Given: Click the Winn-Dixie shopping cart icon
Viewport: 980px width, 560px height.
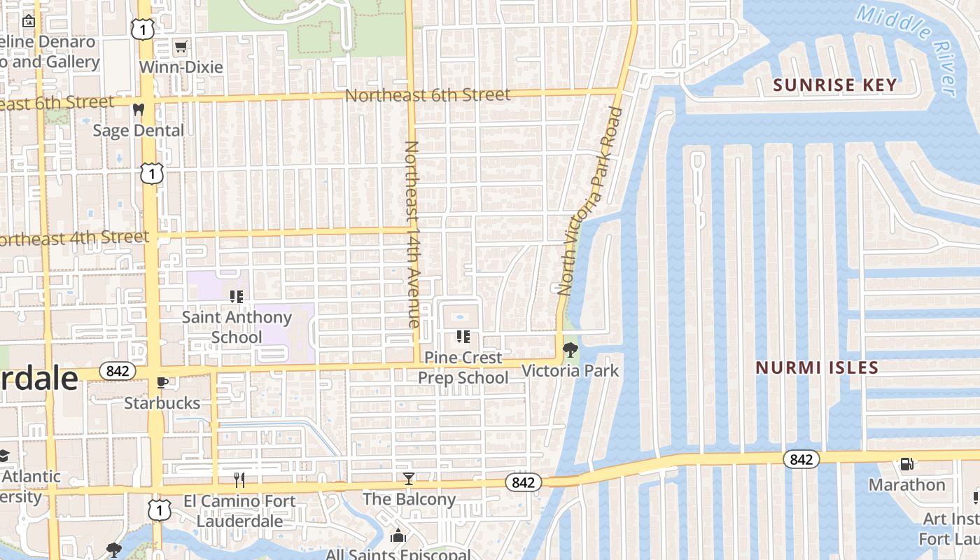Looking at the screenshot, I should [x=181, y=47].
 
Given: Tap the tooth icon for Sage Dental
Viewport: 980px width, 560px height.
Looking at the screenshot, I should [x=139, y=109].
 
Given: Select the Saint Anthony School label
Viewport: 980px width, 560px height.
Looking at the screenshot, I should [x=237, y=327].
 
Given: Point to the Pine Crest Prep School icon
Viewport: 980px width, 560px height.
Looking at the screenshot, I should [x=463, y=337].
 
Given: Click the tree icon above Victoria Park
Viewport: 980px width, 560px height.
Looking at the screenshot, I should [x=570, y=349].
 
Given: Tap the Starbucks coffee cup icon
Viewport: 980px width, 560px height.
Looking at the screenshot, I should [x=162, y=382].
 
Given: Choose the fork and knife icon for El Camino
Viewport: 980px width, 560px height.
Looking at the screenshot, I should [x=239, y=479].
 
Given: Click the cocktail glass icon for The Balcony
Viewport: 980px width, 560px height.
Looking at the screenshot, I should [x=409, y=479].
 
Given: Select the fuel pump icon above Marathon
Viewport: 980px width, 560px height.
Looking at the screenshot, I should [x=906, y=464].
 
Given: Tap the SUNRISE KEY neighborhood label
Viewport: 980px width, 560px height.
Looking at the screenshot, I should [x=834, y=85].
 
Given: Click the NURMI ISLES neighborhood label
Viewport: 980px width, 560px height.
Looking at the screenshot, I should [x=817, y=367].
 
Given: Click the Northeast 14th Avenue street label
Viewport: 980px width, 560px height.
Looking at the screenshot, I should [x=412, y=234].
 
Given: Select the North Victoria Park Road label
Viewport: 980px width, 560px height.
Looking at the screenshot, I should [x=587, y=200].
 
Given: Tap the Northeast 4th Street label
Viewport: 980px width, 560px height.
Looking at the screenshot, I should [x=73, y=238].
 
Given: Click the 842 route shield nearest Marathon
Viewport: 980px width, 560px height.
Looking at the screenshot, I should [x=801, y=459].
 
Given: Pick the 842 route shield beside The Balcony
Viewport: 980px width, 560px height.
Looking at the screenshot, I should [x=523, y=482].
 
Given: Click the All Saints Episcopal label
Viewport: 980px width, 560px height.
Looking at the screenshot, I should [x=398, y=554].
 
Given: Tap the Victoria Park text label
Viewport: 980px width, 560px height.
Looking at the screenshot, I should [x=570, y=370].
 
